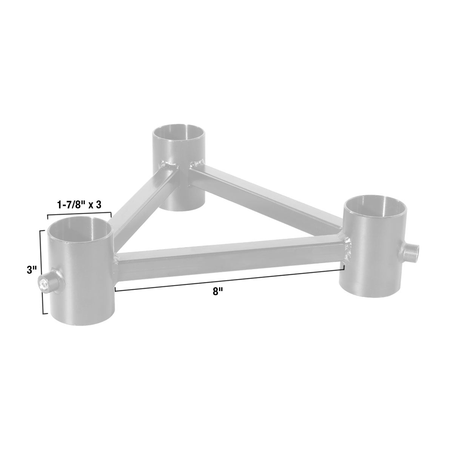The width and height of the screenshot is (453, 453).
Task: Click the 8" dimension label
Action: click(216, 292)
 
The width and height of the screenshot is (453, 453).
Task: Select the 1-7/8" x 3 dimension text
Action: click(79, 205)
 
